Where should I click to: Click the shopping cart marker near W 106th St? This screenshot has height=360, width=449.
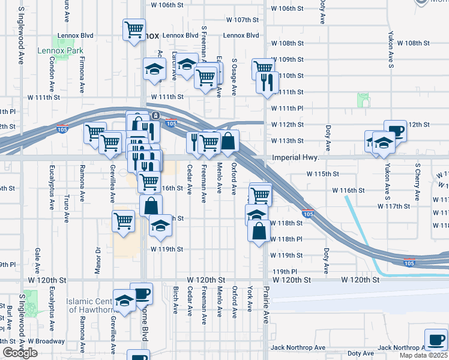(134, 29)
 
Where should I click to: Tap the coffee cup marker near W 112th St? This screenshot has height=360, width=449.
(396, 130)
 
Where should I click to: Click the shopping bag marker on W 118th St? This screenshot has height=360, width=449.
(259, 232)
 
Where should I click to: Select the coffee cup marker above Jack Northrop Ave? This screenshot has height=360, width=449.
(436, 338)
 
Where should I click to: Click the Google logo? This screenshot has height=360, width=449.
(20, 353)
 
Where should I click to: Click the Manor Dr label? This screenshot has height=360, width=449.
(97, 258)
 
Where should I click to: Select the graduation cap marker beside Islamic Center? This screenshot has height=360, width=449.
(124, 302)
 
